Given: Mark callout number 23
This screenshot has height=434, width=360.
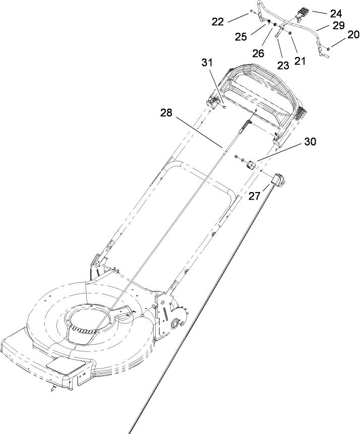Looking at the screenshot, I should coord(283,65).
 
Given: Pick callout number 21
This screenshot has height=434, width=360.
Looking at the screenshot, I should coord(301,60).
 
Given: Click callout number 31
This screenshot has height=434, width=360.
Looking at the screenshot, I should coord(208,63).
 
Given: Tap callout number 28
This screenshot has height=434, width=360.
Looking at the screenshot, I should coord(167,114).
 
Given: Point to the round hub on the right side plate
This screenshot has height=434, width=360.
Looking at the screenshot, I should coord(178,324).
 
